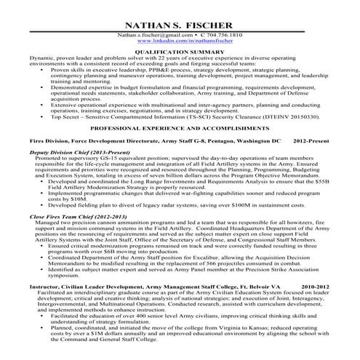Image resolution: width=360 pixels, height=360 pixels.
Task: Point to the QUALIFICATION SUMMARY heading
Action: (x=180, y=52)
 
